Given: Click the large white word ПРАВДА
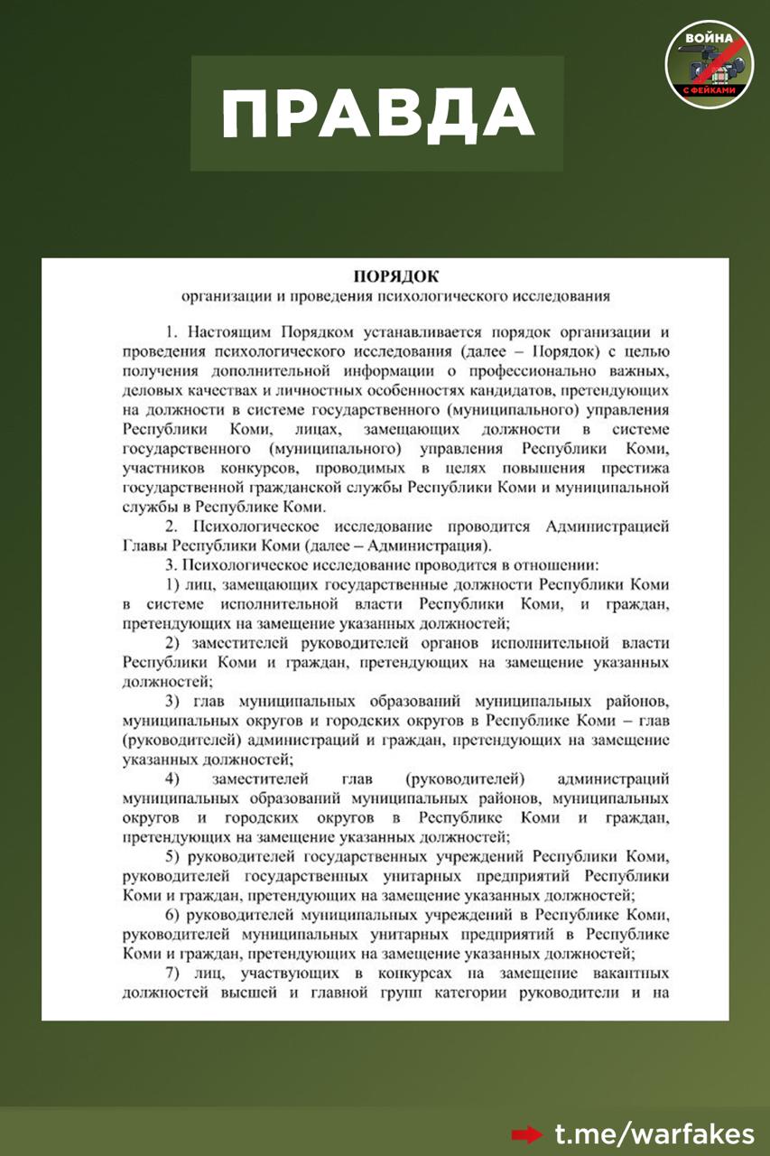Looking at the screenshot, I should coord(377,115).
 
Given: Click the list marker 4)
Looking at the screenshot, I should coord(172,778).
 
